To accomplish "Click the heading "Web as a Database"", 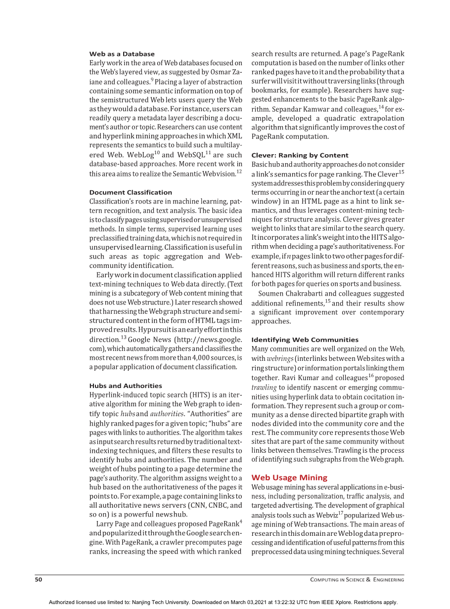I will tap(122, 54).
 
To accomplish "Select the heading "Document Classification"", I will tap(131, 192).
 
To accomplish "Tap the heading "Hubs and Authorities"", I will tap(126, 386).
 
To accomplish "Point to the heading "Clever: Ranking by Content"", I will tap(300, 155).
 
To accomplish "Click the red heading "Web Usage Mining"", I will tap(289, 478).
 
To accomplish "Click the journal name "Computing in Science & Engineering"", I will tap(357, 580).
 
